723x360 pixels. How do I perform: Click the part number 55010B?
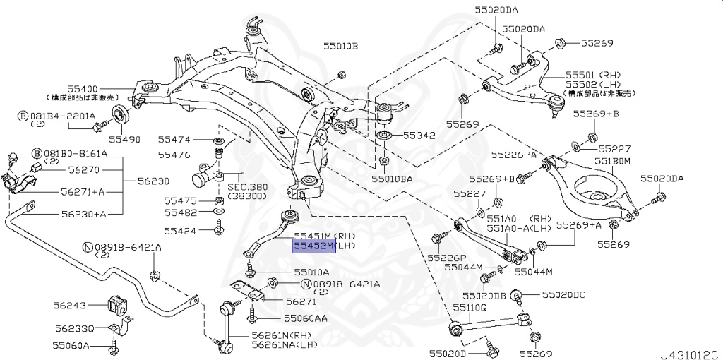click(x=340, y=47)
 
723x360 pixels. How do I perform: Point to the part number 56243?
click(x=69, y=306)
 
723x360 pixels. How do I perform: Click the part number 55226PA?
click(x=514, y=155)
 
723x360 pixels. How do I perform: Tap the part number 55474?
click(x=174, y=140)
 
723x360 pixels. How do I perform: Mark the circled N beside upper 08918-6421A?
click(x=88, y=247)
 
